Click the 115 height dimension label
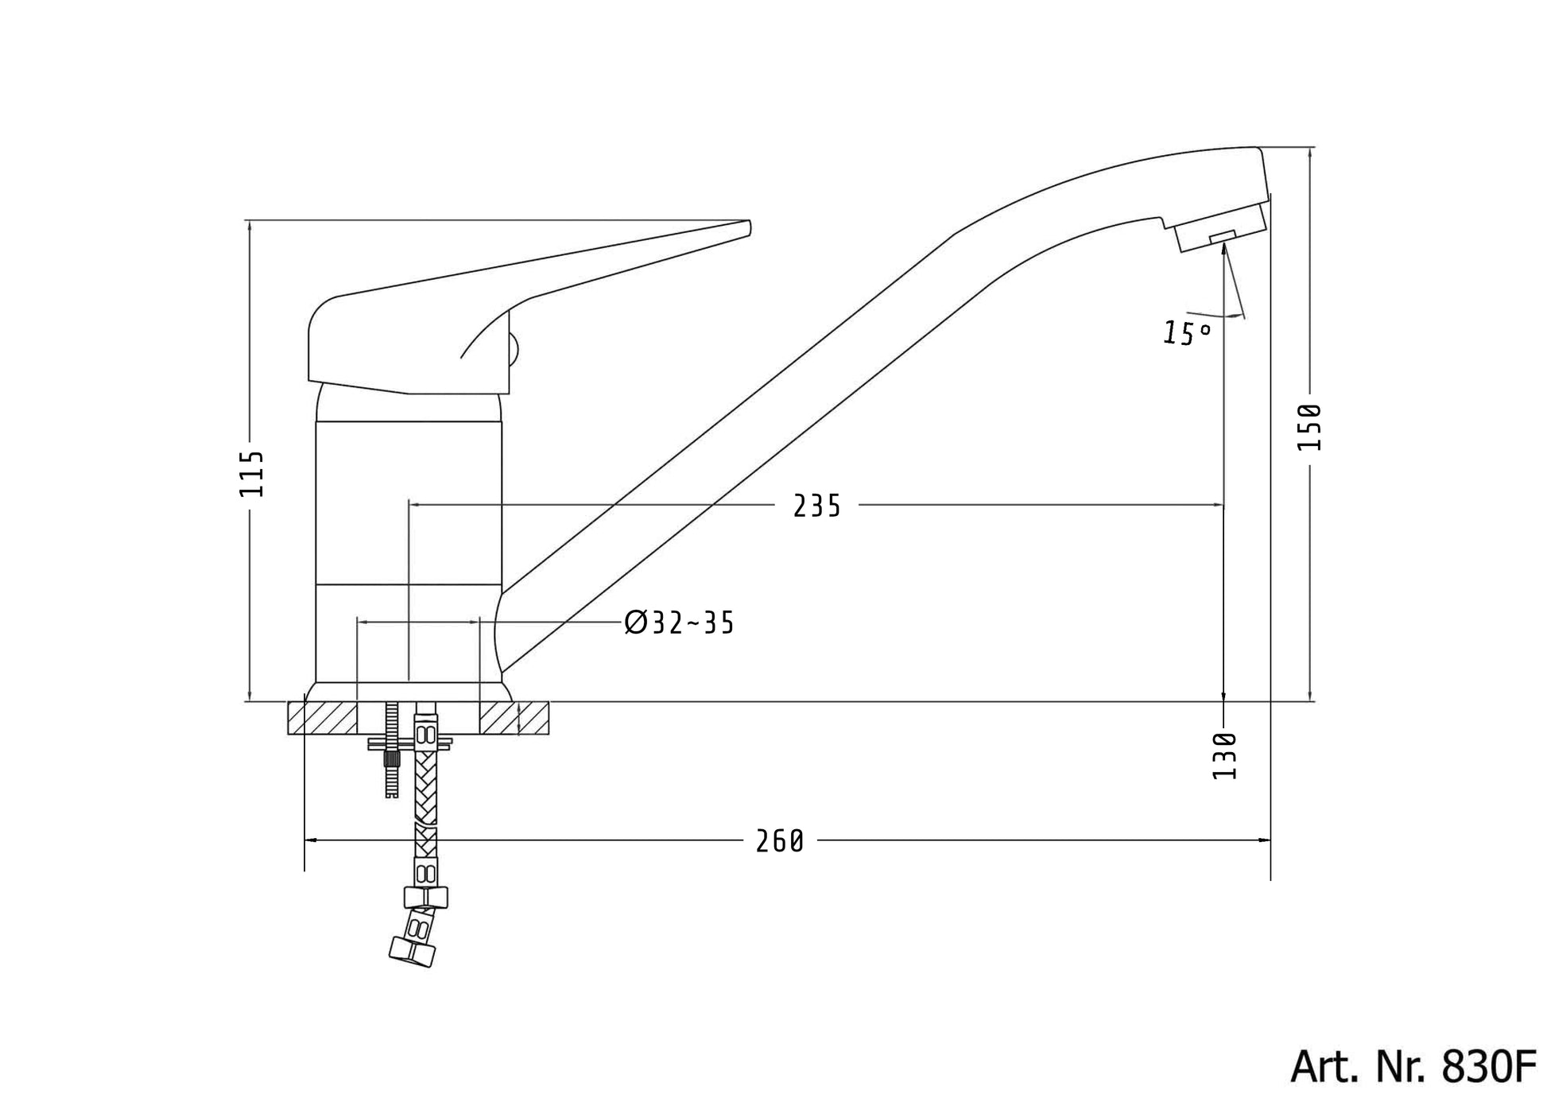(252, 474)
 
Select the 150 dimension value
(1309, 427)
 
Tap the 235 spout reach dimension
(816, 506)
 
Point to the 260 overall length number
(779, 841)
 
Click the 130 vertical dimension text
(1224, 756)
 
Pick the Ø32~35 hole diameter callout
(680, 623)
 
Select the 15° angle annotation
(1187, 333)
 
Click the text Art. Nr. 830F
(1412, 1067)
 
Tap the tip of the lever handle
(746, 228)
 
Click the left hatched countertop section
(323, 718)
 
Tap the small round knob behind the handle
(513, 348)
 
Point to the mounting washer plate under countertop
(409, 743)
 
